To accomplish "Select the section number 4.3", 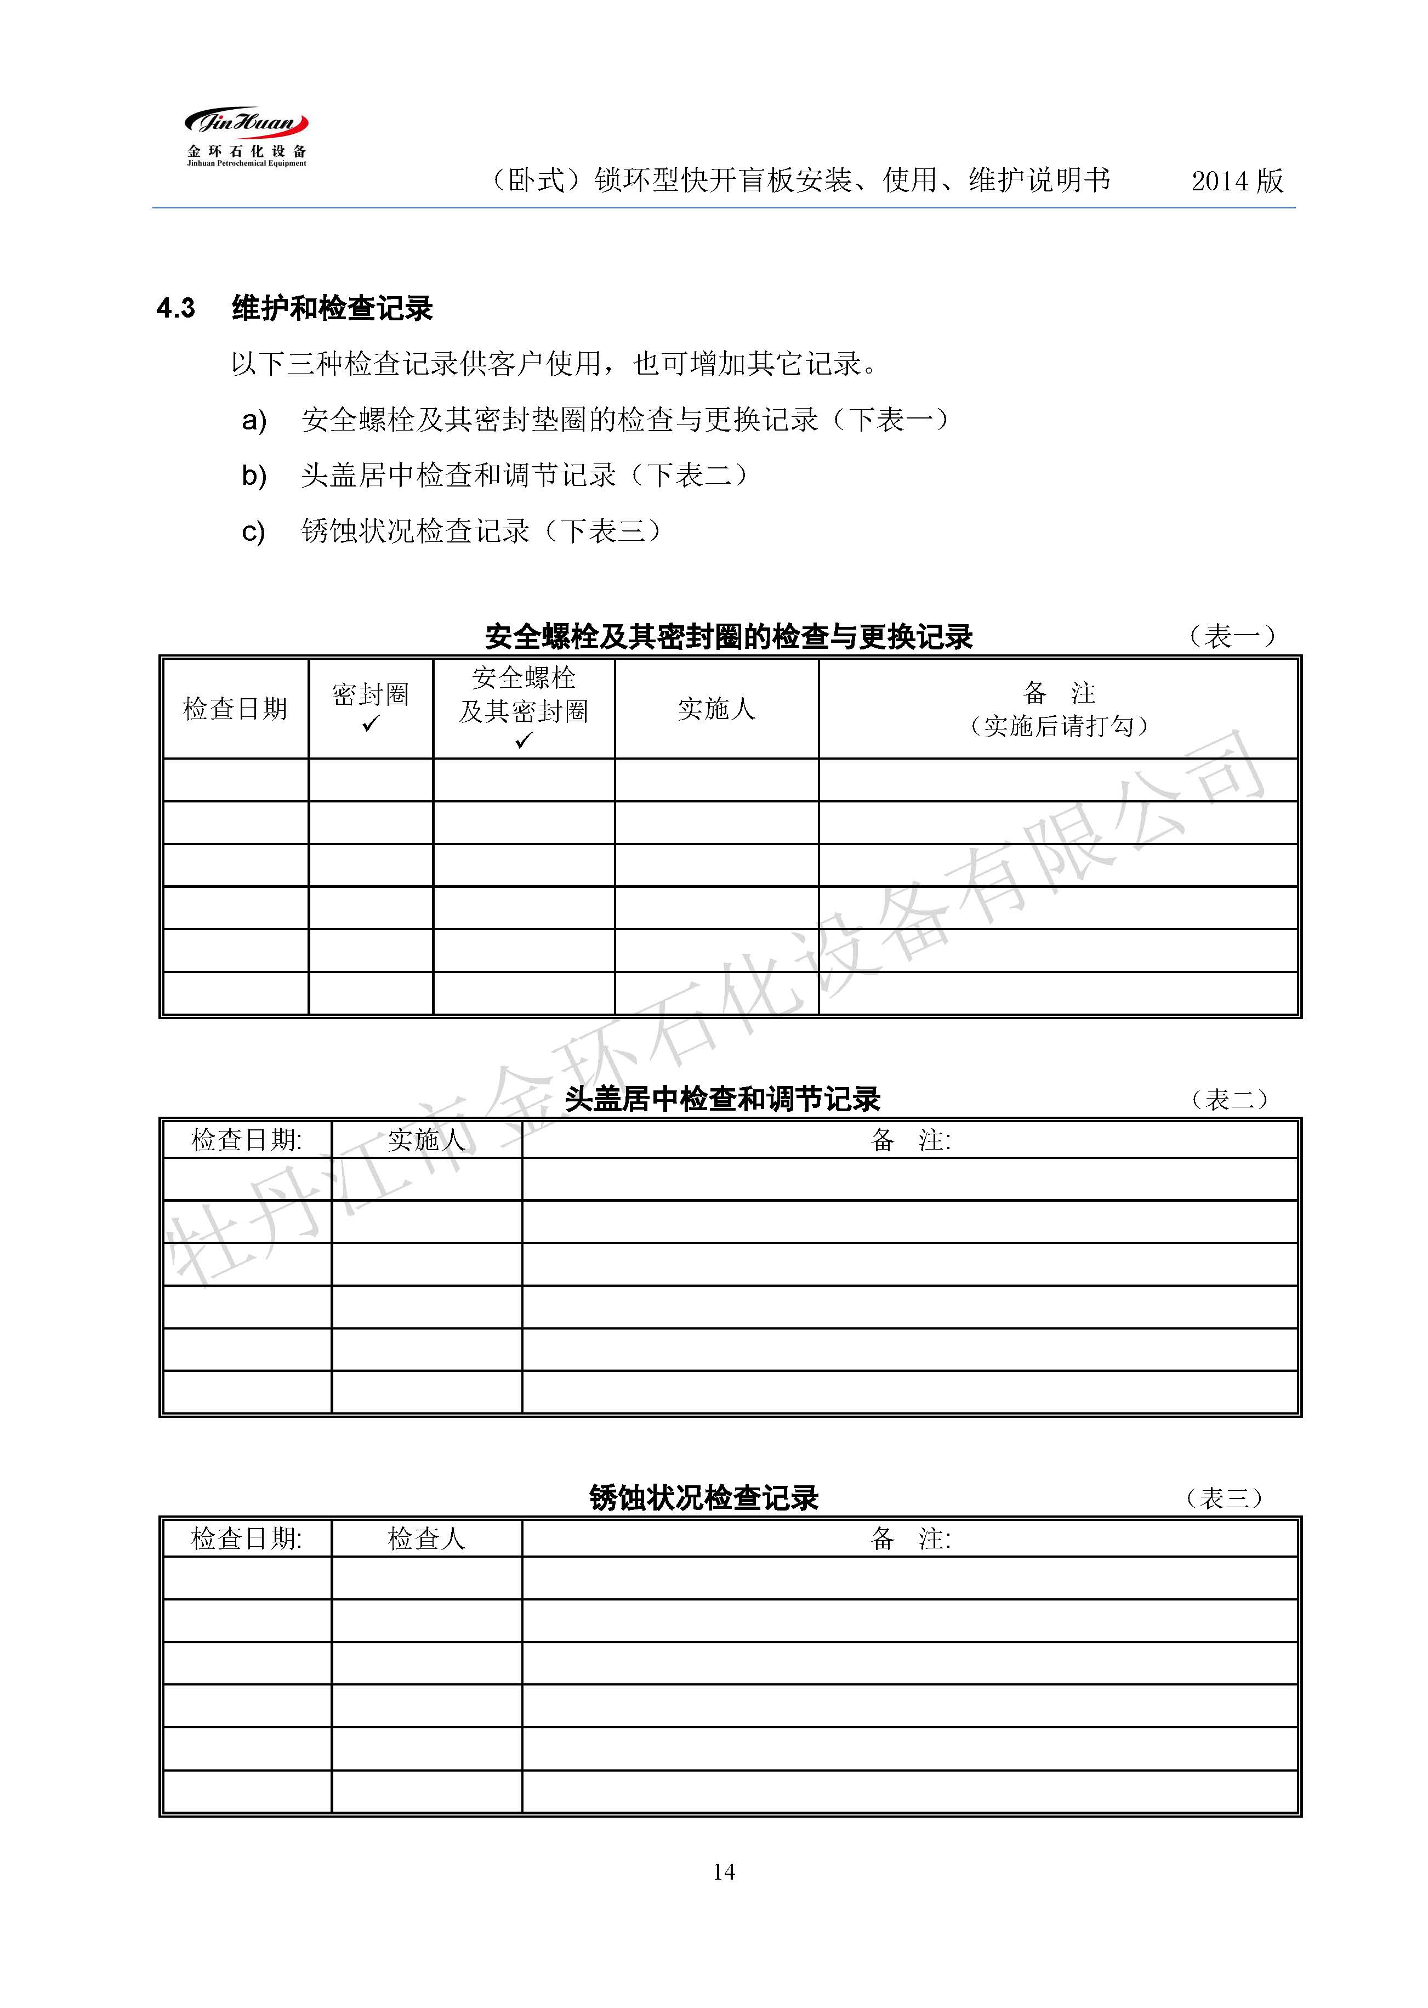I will [176, 309].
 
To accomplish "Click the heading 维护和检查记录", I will [332, 309].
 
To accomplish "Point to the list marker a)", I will [254, 421].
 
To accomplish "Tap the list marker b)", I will [254, 476].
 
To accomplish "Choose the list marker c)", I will [253, 532].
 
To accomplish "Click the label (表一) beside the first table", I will [1231, 636].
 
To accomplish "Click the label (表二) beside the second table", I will [1229, 1099].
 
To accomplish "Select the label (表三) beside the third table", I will [1224, 1498].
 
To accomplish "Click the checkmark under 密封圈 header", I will [370, 724].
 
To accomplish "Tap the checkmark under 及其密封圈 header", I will [523, 740].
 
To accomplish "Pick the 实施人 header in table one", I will [716, 709].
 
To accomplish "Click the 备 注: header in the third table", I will [909, 1538].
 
